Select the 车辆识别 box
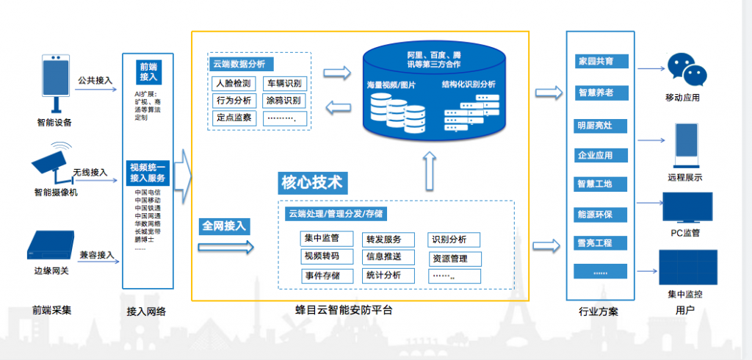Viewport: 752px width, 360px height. tap(284, 83)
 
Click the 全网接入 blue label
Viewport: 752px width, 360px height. tap(225, 226)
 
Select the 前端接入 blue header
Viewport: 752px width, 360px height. tap(148, 71)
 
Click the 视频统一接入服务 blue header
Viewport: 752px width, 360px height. tap(148, 173)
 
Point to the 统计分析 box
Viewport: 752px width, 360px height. tap(383, 276)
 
